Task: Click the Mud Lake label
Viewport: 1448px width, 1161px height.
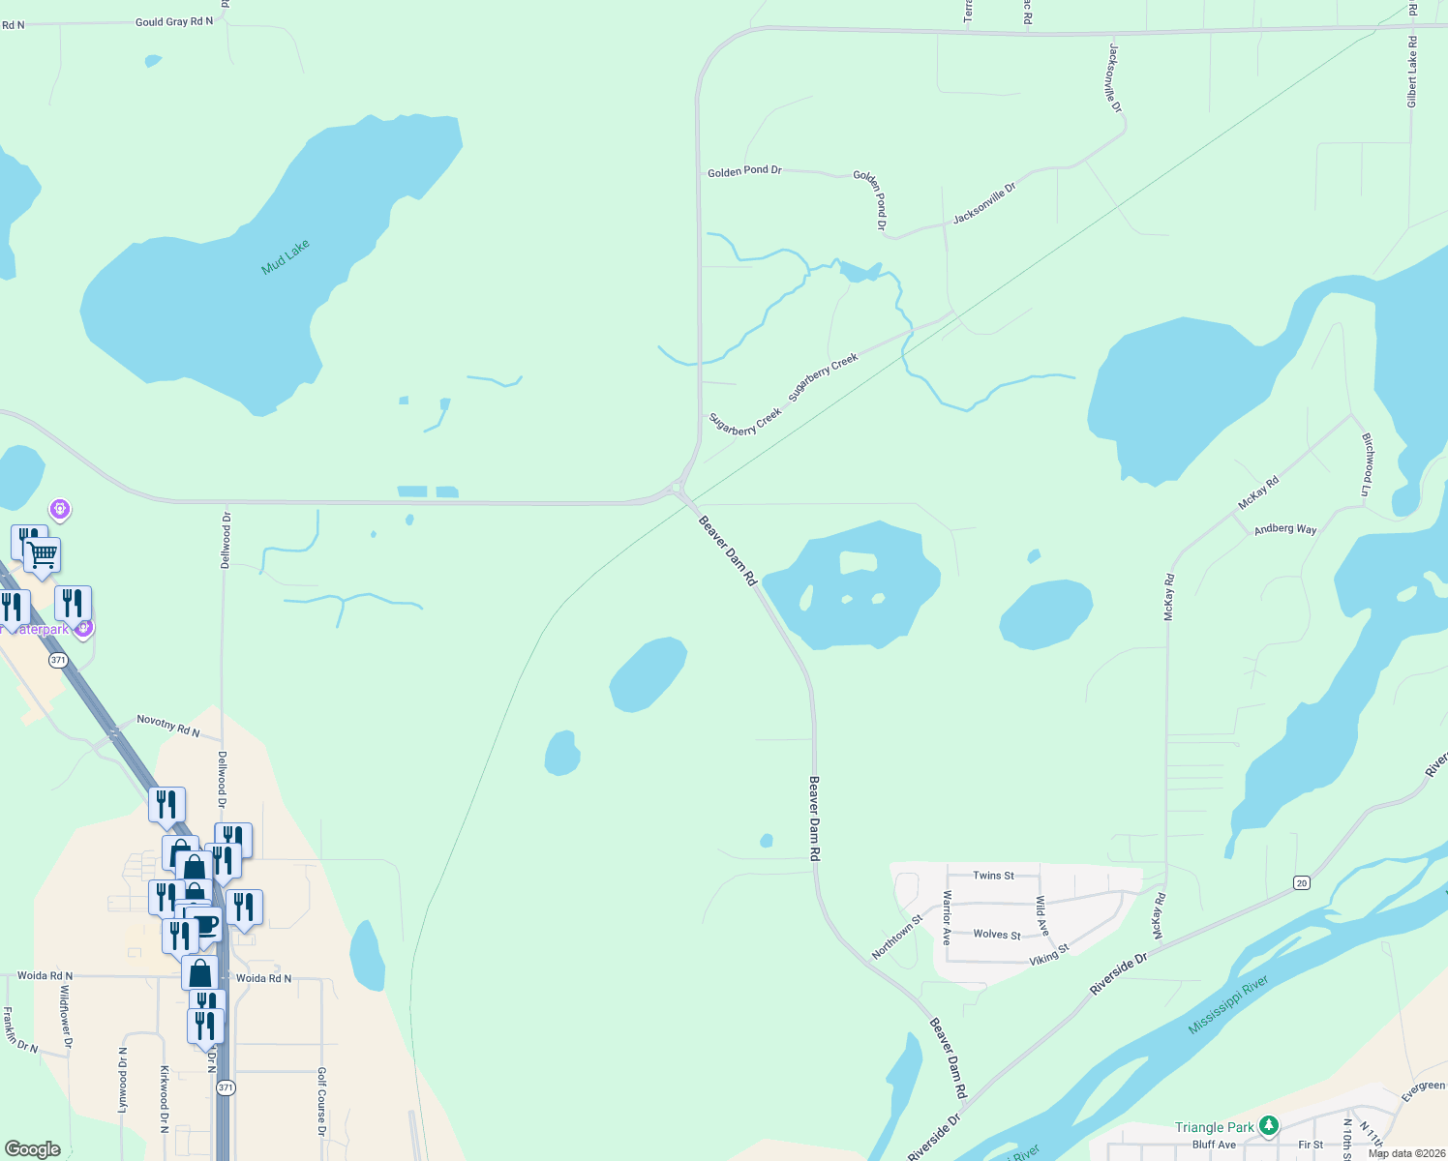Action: [x=286, y=257]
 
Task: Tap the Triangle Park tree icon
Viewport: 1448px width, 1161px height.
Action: [x=1269, y=1126]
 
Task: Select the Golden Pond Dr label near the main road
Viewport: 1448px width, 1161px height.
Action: [x=744, y=171]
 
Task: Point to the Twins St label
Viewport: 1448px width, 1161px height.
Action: [x=993, y=876]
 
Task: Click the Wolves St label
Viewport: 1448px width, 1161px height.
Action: [x=996, y=935]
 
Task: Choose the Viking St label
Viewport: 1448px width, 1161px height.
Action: [x=1048, y=954]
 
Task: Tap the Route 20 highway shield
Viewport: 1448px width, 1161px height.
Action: [x=1302, y=882]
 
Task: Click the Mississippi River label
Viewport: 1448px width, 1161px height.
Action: [x=1227, y=1005]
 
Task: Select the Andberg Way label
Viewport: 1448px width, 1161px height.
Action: [x=1284, y=529]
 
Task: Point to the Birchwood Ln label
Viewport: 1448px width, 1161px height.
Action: [x=1368, y=464]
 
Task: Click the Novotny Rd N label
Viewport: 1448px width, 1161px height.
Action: [x=167, y=726]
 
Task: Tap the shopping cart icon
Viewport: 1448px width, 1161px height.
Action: [x=43, y=555]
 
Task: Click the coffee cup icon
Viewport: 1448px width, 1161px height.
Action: [x=203, y=923]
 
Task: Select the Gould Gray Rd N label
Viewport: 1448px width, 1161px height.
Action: [x=174, y=21]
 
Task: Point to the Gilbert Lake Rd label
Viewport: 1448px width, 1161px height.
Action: [x=1412, y=72]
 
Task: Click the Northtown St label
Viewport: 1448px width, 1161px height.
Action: [x=897, y=937]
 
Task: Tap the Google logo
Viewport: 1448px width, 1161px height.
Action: [x=33, y=1148]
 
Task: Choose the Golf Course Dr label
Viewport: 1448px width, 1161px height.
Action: [x=321, y=1101]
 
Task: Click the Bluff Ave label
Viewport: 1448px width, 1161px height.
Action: [x=1214, y=1145]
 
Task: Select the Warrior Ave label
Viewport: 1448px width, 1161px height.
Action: [x=947, y=917]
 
